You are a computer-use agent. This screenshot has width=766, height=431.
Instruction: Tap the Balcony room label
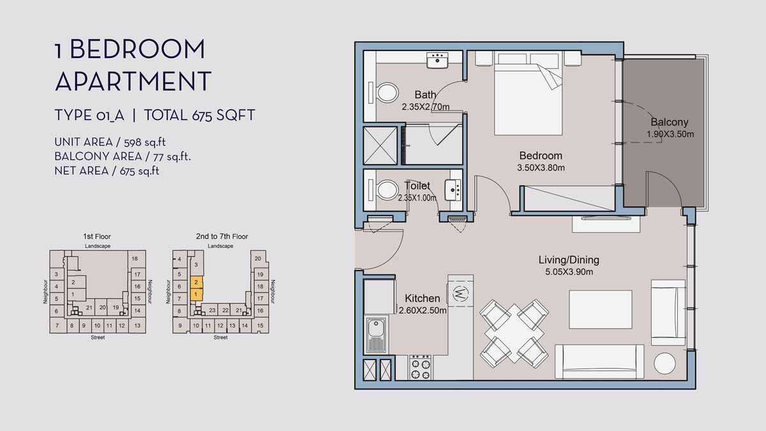[670, 122]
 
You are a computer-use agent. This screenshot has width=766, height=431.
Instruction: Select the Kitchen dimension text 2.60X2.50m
[423, 311]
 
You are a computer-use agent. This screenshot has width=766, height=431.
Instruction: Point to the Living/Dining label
[569, 260]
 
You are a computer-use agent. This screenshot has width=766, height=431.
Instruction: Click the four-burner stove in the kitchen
[420, 367]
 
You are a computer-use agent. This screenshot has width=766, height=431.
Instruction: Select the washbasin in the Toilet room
[454, 188]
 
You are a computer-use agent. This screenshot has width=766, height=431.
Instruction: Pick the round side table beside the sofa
[665, 364]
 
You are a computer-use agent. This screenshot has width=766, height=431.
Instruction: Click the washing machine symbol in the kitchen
[460, 294]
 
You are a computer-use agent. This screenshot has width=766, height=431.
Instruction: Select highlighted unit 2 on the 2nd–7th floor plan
[197, 282]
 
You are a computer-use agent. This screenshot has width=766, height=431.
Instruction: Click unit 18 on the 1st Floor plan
[134, 259]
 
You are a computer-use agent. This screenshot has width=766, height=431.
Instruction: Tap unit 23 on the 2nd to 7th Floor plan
[212, 310]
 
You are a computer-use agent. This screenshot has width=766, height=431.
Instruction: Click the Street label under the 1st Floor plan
[97, 337]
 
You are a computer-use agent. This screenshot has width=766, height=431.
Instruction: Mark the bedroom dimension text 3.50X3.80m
[541, 168]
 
